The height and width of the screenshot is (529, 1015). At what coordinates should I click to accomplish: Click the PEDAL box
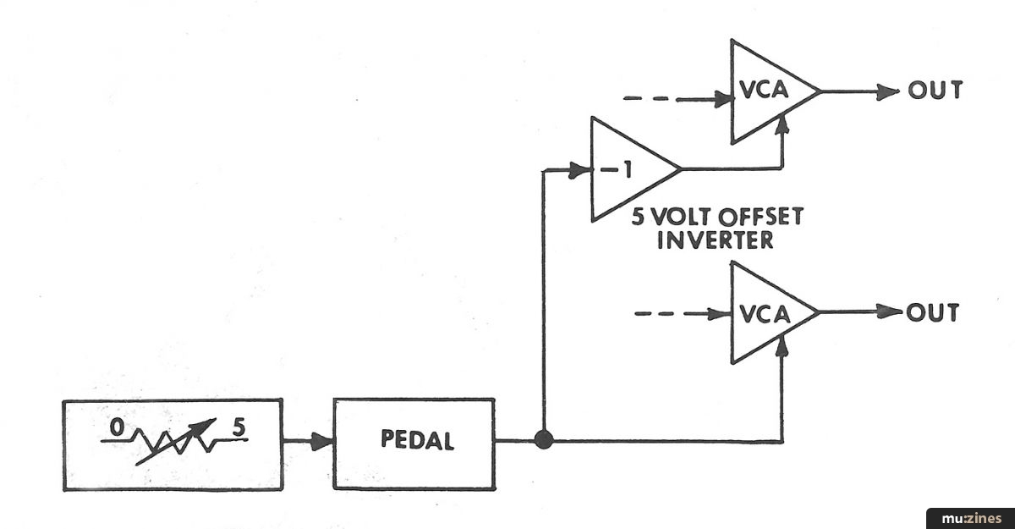[414, 443]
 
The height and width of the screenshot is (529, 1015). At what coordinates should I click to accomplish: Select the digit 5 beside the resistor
[239, 428]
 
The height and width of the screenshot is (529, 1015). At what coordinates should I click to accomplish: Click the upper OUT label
[935, 91]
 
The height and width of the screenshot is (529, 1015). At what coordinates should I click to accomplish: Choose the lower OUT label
[933, 312]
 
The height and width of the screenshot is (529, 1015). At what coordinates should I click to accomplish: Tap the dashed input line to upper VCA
[668, 99]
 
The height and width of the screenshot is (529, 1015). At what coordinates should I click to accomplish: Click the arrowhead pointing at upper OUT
[888, 91]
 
